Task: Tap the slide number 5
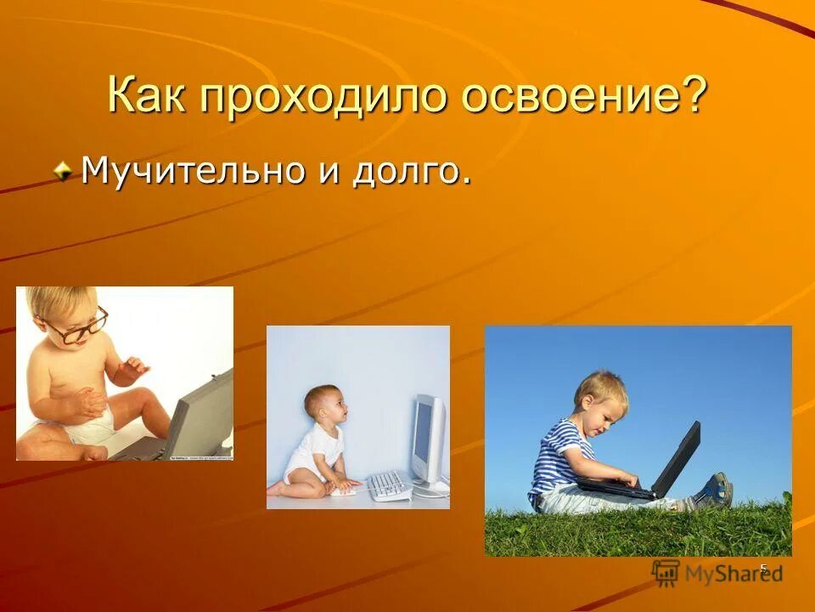point(762,569)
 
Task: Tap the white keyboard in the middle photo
point(388,485)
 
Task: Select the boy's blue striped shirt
point(560,459)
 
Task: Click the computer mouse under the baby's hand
point(345,490)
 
